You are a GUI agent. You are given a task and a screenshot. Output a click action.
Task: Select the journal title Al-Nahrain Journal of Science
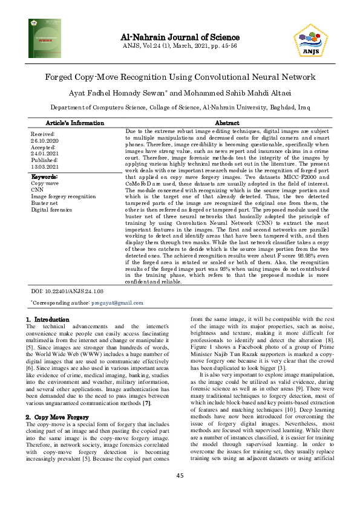pos(180,36)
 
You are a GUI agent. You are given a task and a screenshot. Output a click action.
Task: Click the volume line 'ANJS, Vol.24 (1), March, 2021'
pos(180,45)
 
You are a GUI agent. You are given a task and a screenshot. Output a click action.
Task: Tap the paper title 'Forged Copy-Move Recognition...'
pos(180,77)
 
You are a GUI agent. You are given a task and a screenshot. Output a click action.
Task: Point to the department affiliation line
pos(180,106)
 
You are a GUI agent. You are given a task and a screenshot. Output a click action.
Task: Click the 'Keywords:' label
pos(44,176)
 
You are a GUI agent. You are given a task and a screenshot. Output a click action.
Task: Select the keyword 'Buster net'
pos(45,203)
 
